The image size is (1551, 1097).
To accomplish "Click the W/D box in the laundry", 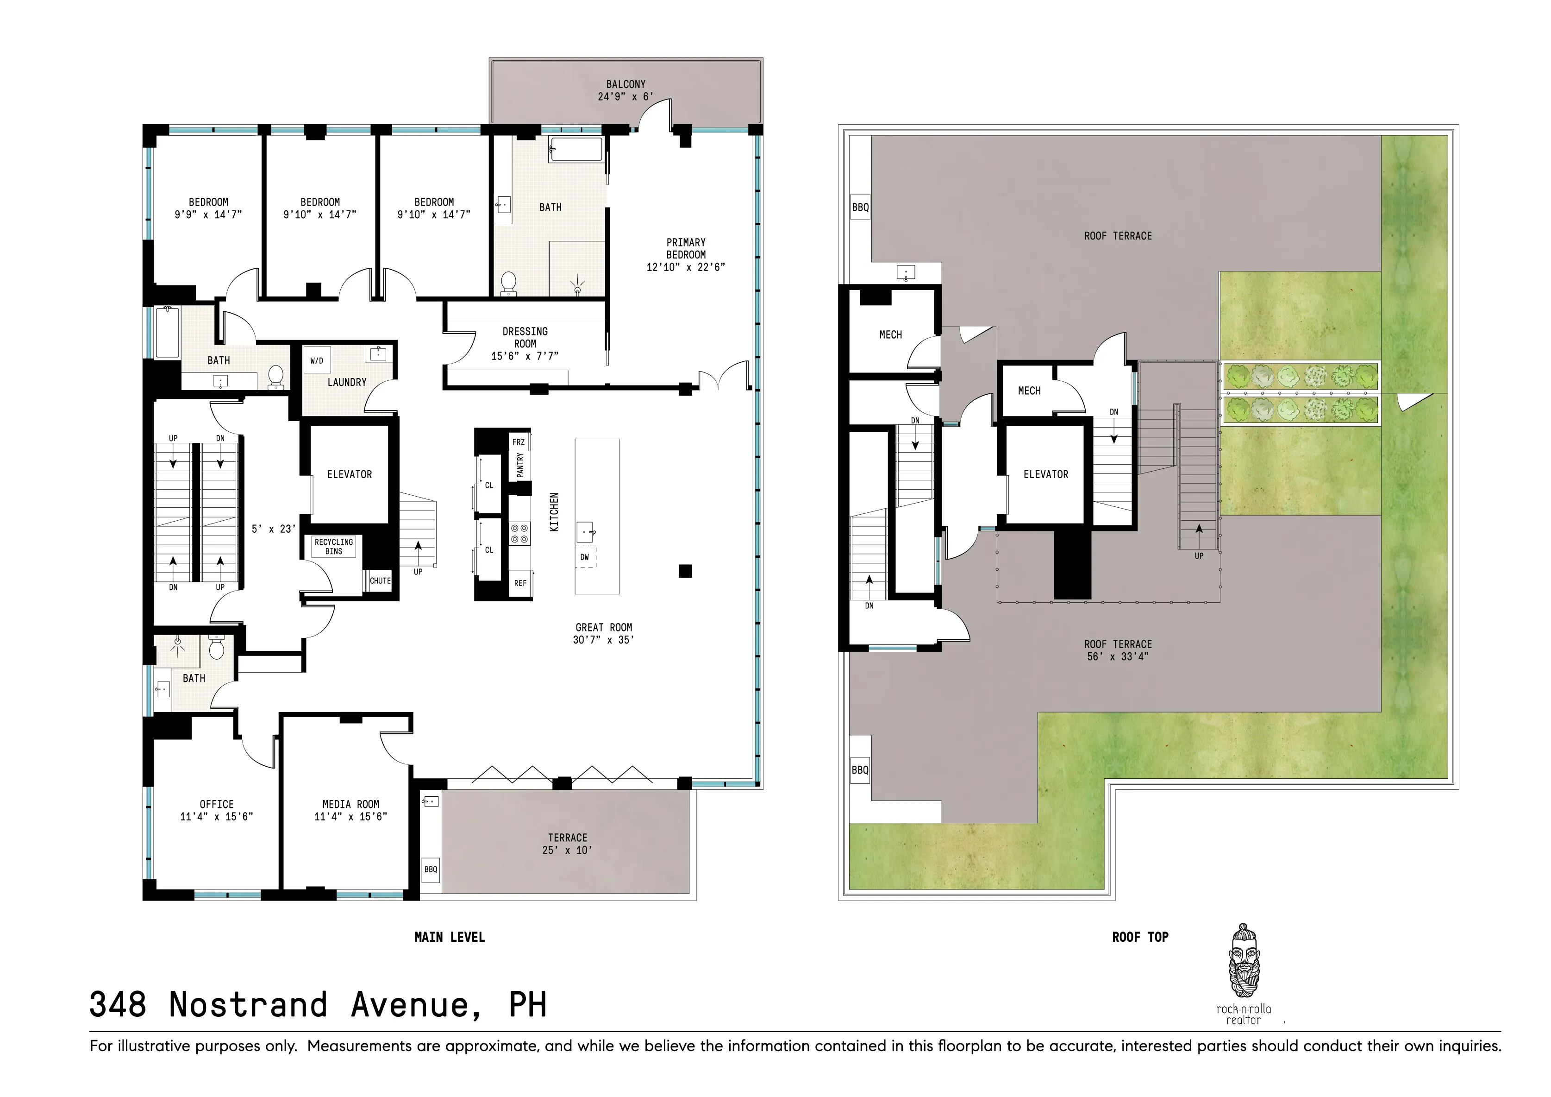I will [317, 361].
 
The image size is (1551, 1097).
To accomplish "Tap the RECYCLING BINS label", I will [334, 546].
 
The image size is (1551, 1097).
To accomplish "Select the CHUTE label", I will [380, 580].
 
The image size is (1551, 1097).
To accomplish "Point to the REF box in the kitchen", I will [519, 583].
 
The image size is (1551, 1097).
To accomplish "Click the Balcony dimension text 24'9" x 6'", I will [625, 97].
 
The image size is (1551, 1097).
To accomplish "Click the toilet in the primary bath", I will [509, 283].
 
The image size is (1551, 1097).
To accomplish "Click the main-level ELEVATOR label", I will [349, 474].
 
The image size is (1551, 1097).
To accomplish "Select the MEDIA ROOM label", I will [350, 804].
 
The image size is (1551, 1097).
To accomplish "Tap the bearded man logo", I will [1245, 960].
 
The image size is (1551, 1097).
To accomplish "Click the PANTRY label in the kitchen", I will [519, 465].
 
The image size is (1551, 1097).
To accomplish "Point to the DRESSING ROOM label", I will [525, 337].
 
